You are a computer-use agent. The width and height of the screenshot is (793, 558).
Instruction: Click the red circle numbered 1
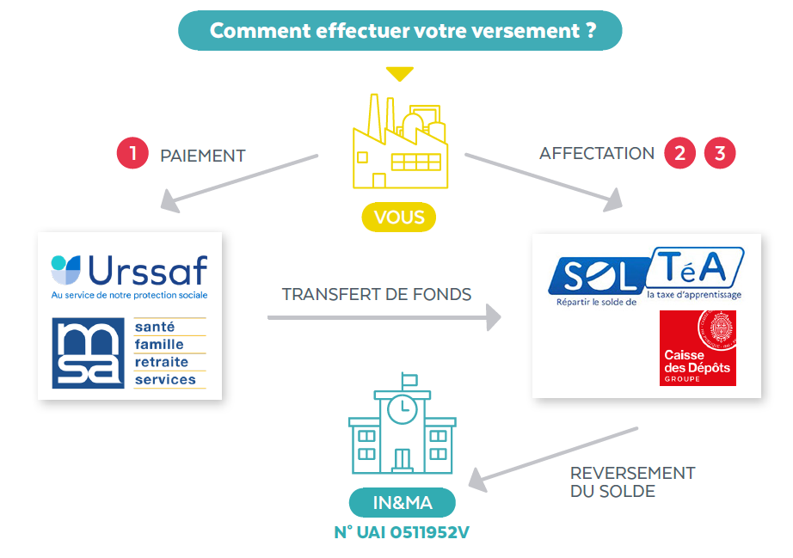pos(132,153)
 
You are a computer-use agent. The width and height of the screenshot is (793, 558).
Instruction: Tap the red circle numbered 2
pos(679,153)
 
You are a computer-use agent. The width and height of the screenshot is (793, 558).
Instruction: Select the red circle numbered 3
pos(720,153)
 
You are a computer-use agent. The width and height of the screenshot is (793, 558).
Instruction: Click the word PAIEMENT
pos(203,156)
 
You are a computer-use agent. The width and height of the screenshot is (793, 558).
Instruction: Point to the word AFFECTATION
pos(597,153)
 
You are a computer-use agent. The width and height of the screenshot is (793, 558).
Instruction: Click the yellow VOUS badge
pos(398,217)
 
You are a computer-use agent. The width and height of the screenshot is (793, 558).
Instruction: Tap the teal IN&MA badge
pos(402,502)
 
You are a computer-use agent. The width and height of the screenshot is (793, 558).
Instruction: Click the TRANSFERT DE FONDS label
pos(377,294)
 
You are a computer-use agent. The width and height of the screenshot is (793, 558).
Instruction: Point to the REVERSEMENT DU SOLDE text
pos(633,482)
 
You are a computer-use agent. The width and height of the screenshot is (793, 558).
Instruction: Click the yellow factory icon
pos(400,141)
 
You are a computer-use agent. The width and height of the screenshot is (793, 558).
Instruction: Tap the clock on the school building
pos(402,409)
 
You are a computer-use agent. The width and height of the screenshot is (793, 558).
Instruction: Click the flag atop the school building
pos(409,379)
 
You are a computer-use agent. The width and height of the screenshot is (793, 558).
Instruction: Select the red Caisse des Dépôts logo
pos(698,347)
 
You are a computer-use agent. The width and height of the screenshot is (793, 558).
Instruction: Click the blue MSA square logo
pos(88,353)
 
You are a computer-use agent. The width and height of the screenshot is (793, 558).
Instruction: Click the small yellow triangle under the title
pos(400,74)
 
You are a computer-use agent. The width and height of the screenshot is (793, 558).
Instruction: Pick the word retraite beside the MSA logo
pos(162,362)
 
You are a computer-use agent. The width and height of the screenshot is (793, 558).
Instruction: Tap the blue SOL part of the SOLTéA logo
pos(599,276)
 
